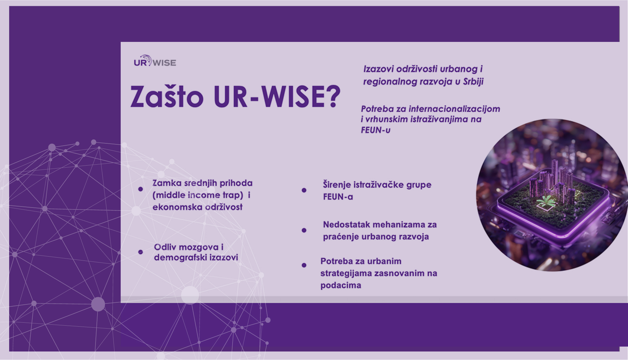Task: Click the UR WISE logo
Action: pos(155,61)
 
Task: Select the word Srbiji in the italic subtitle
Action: pos(473,81)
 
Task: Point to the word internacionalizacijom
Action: pos(454,109)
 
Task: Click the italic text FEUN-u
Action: pos(375,130)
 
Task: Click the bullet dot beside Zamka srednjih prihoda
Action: pos(141,189)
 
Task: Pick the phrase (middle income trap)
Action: pos(198,195)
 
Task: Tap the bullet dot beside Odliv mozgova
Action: pos(141,252)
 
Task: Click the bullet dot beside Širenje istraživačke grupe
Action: pos(304,190)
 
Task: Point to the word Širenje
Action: pos(337,185)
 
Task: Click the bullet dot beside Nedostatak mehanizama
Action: pos(304,230)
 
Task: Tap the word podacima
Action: pos(341,285)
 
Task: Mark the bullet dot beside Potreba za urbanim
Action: pos(304,265)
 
